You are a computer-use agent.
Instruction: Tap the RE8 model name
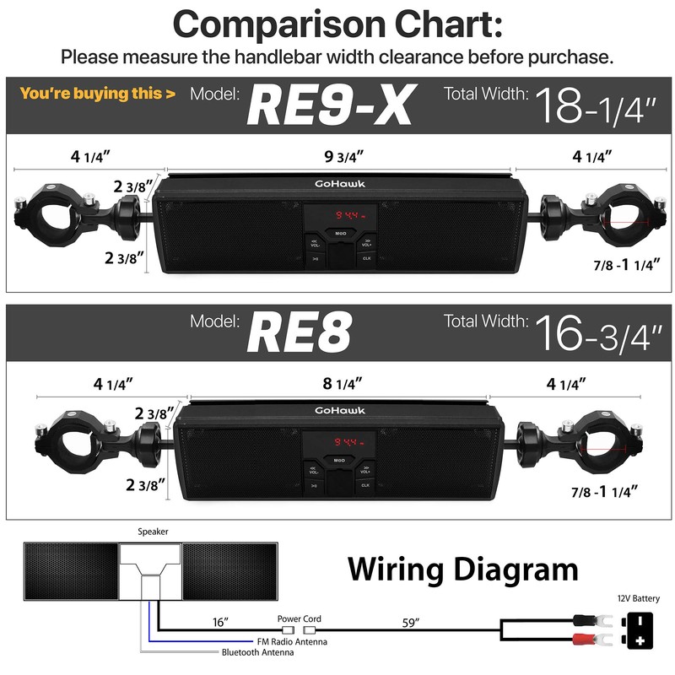pyautogui.click(x=299, y=334)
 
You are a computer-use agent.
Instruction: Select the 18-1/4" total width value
pyautogui.click(x=594, y=105)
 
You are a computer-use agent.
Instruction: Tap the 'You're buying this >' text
pyautogui.click(x=98, y=94)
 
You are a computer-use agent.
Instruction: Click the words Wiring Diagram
pyautogui.click(x=463, y=570)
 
